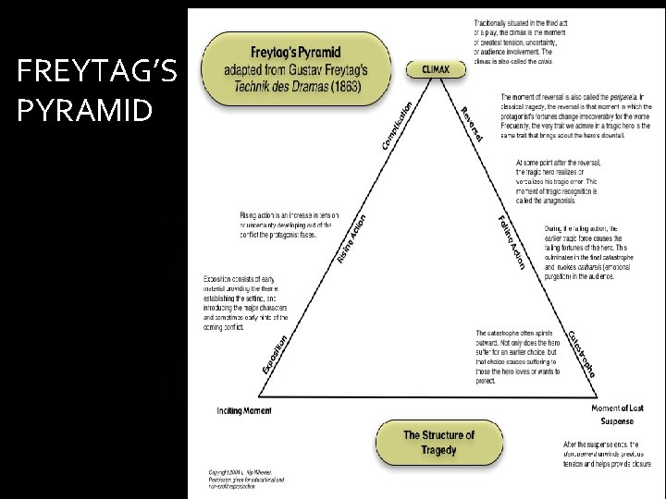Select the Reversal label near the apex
(472, 125)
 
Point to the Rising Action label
(352, 238)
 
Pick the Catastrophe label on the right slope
(581, 354)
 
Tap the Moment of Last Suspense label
(616, 412)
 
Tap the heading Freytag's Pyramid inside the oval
(293, 53)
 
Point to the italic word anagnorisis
(568, 200)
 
